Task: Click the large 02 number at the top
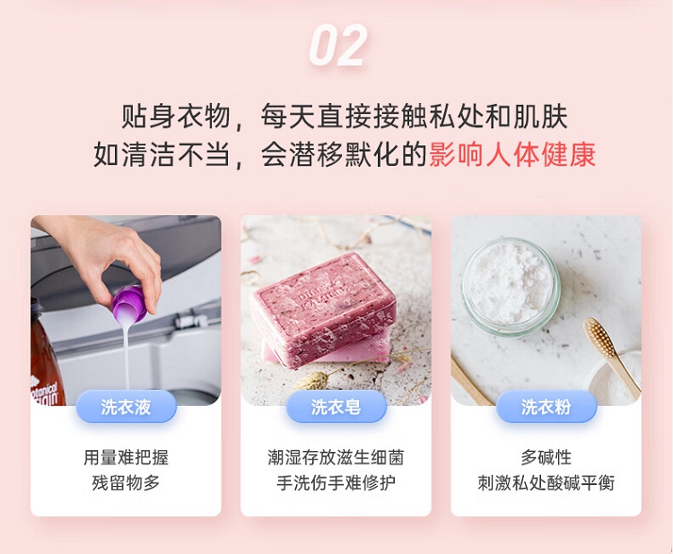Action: click(x=337, y=46)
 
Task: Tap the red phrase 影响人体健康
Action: click(x=512, y=154)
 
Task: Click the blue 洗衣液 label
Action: click(x=127, y=406)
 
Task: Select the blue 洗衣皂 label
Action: click(x=336, y=406)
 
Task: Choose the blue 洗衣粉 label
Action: click(x=546, y=406)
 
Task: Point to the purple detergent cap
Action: click(x=129, y=303)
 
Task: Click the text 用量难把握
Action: click(x=126, y=457)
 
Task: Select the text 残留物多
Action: click(x=126, y=483)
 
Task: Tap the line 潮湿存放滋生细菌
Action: click(x=336, y=457)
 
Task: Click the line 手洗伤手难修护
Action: click(x=336, y=483)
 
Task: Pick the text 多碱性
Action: click(x=546, y=457)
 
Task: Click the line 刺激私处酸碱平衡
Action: click(x=546, y=483)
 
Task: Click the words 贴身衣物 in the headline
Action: click(x=176, y=117)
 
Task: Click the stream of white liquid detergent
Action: click(x=127, y=356)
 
